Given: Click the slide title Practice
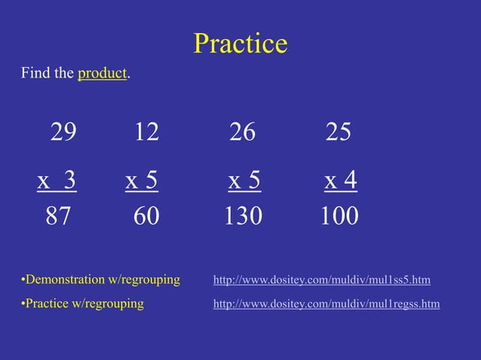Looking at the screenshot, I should pyautogui.click(x=240, y=44).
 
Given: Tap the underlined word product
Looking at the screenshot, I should pyautogui.click(x=102, y=74).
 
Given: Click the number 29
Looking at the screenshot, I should pyautogui.click(x=63, y=133).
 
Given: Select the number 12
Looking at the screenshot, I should pyautogui.click(x=146, y=133).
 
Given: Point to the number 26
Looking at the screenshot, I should pyautogui.click(x=242, y=133).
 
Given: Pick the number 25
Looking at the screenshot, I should pyautogui.click(x=339, y=133).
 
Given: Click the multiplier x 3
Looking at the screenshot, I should pyautogui.click(x=57, y=181).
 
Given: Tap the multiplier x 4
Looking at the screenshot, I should pyautogui.click(x=341, y=181).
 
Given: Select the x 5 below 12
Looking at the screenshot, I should pyautogui.click(x=142, y=181).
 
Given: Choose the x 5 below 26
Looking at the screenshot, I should pyautogui.click(x=244, y=181).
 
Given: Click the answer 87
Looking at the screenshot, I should pyautogui.click(x=58, y=217).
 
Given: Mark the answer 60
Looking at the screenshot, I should pyautogui.click(x=146, y=217).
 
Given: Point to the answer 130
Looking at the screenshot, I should pyautogui.click(x=243, y=217).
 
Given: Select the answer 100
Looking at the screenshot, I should pyautogui.click(x=339, y=217).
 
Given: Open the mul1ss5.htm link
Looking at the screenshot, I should pyautogui.click(x=322, y=280).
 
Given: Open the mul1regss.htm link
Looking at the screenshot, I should pyautogui.click(x=326, y=304).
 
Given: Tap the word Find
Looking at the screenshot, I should pyautogui.click(x=35, y=74).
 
